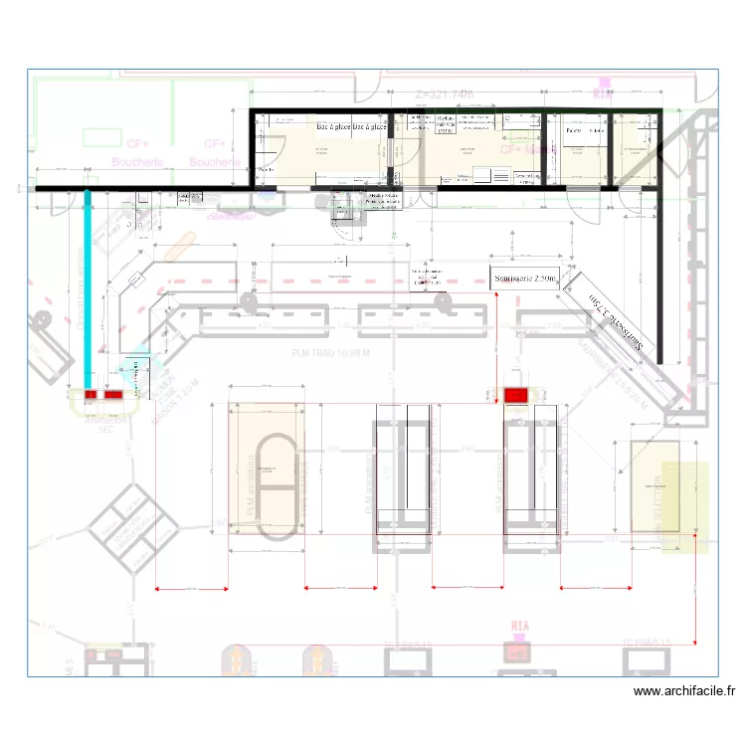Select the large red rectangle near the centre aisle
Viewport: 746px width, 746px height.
point(515,396)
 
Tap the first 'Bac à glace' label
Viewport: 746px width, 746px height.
point(333,128)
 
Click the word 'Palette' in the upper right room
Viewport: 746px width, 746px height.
point(573,131)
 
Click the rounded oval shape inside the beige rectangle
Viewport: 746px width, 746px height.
point(277,488)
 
